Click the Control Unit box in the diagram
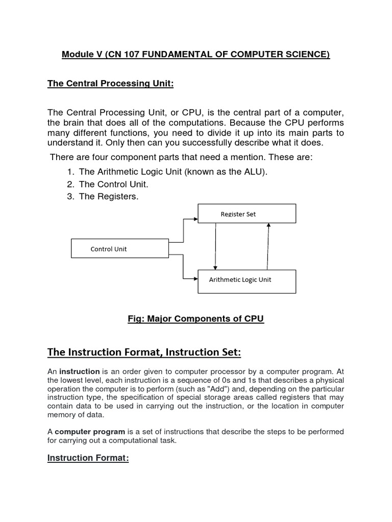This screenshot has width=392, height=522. (119, 249)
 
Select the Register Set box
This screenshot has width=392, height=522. (247, 214)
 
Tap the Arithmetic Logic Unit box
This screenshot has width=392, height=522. (247, 281)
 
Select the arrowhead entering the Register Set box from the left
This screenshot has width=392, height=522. (195, 220)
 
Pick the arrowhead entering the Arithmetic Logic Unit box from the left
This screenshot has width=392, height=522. (195, 278)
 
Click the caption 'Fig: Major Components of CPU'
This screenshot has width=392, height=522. (195, 319)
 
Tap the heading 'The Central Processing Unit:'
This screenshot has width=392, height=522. (111, 84)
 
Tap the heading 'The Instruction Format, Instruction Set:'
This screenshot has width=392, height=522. (144, 352)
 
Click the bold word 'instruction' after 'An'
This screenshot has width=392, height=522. (80, 371)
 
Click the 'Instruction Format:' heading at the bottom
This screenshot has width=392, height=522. (88, 458)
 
